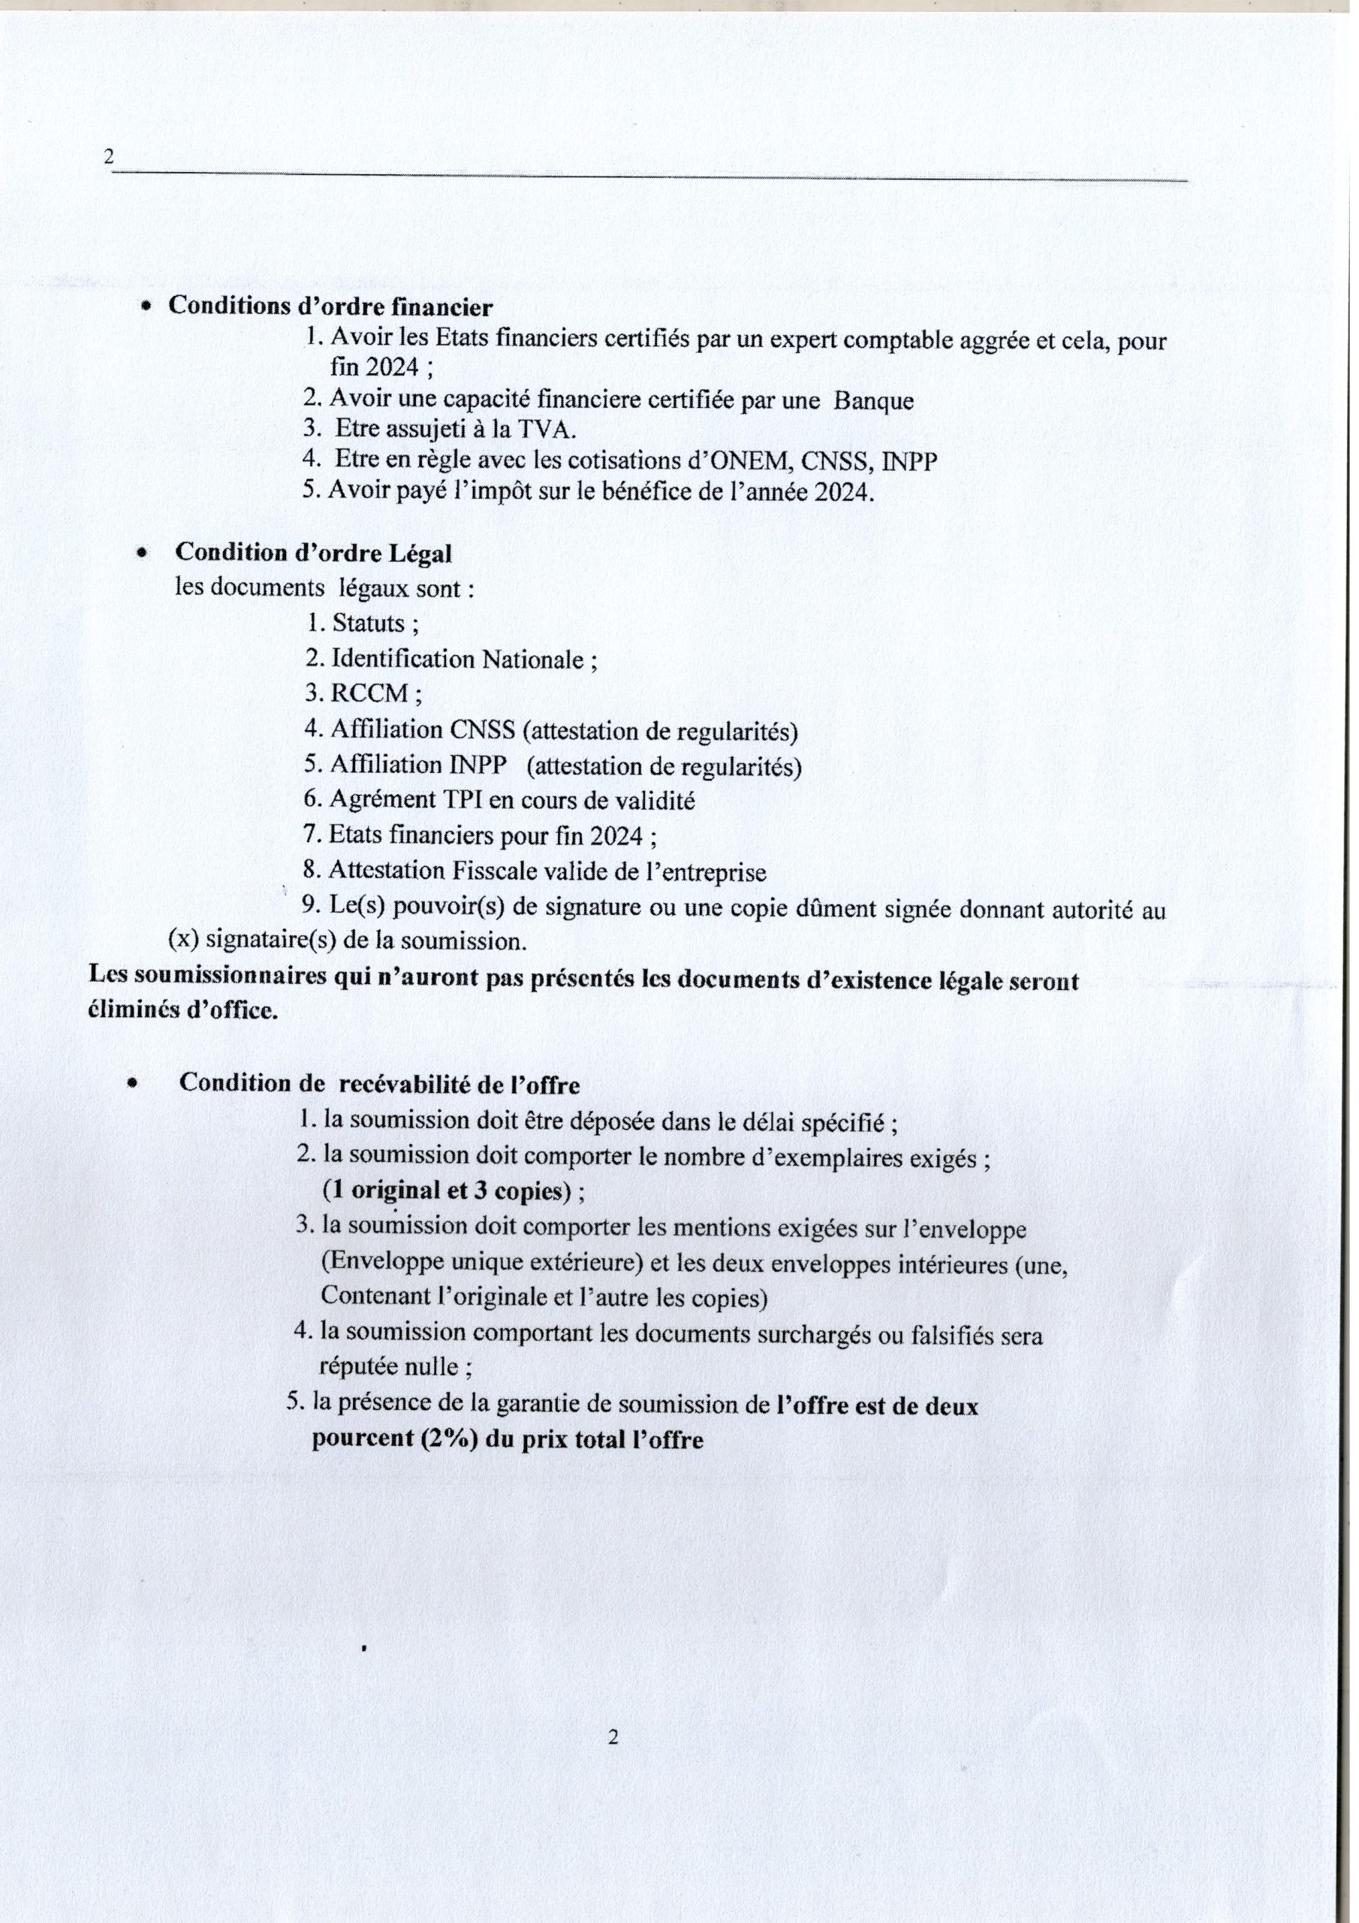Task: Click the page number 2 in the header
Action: [108, 158]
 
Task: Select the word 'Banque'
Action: [872, 400]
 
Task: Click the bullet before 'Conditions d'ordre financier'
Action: [146, 308]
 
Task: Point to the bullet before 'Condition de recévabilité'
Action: [131, 1083]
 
